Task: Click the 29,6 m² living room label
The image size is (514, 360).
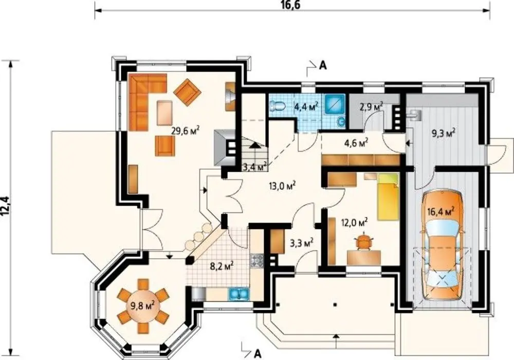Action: pos(186,131)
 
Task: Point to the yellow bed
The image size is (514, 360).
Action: pos(388,197)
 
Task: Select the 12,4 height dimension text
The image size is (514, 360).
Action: pos(7,206)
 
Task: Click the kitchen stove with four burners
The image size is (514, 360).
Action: pos(257,260)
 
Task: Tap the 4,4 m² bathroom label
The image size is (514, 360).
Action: pos(307,107)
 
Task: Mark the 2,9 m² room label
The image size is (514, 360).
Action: pos(372,107)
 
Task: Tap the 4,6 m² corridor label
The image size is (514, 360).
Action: pos(355,142)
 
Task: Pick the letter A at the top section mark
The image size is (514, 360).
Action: pos(323,66)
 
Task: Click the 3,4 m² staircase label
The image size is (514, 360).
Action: pos(254,167)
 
